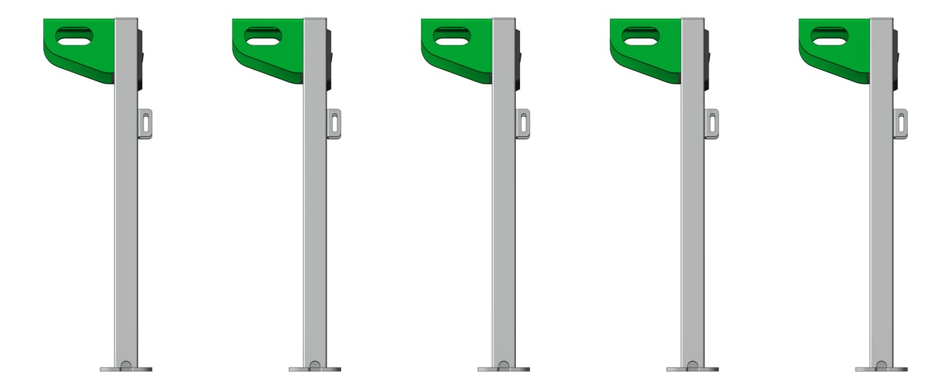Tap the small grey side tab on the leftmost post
click(146, 124)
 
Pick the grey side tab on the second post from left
click(334, 124)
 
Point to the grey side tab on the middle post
click(523, 124)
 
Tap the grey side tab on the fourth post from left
click(712, 124)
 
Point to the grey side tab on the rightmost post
click(901, 124)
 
